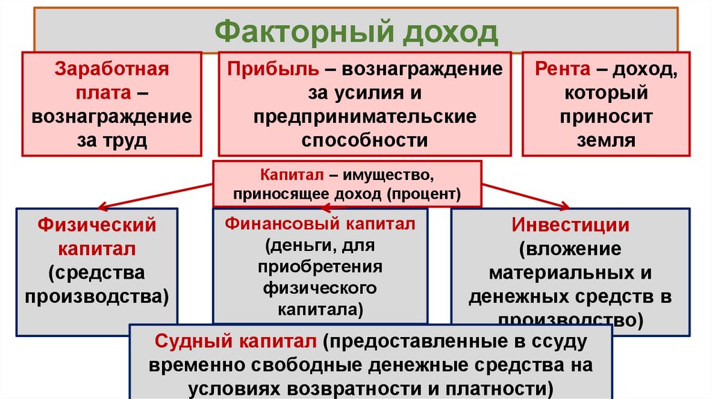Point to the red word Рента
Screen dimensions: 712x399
click(x=563, y=70)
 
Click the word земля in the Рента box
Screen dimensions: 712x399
click(x=606, y=140)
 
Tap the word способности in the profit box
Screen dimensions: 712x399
click(x=364, y=140)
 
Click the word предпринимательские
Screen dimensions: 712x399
click(x=364, y=116)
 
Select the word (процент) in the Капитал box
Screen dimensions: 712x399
click(x=428, y=193)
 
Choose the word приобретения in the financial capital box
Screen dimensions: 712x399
click(x=320, y=266)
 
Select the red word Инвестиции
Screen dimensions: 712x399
click(x=571, y=225)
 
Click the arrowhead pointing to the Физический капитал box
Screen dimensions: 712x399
click(x=102, y=206)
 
